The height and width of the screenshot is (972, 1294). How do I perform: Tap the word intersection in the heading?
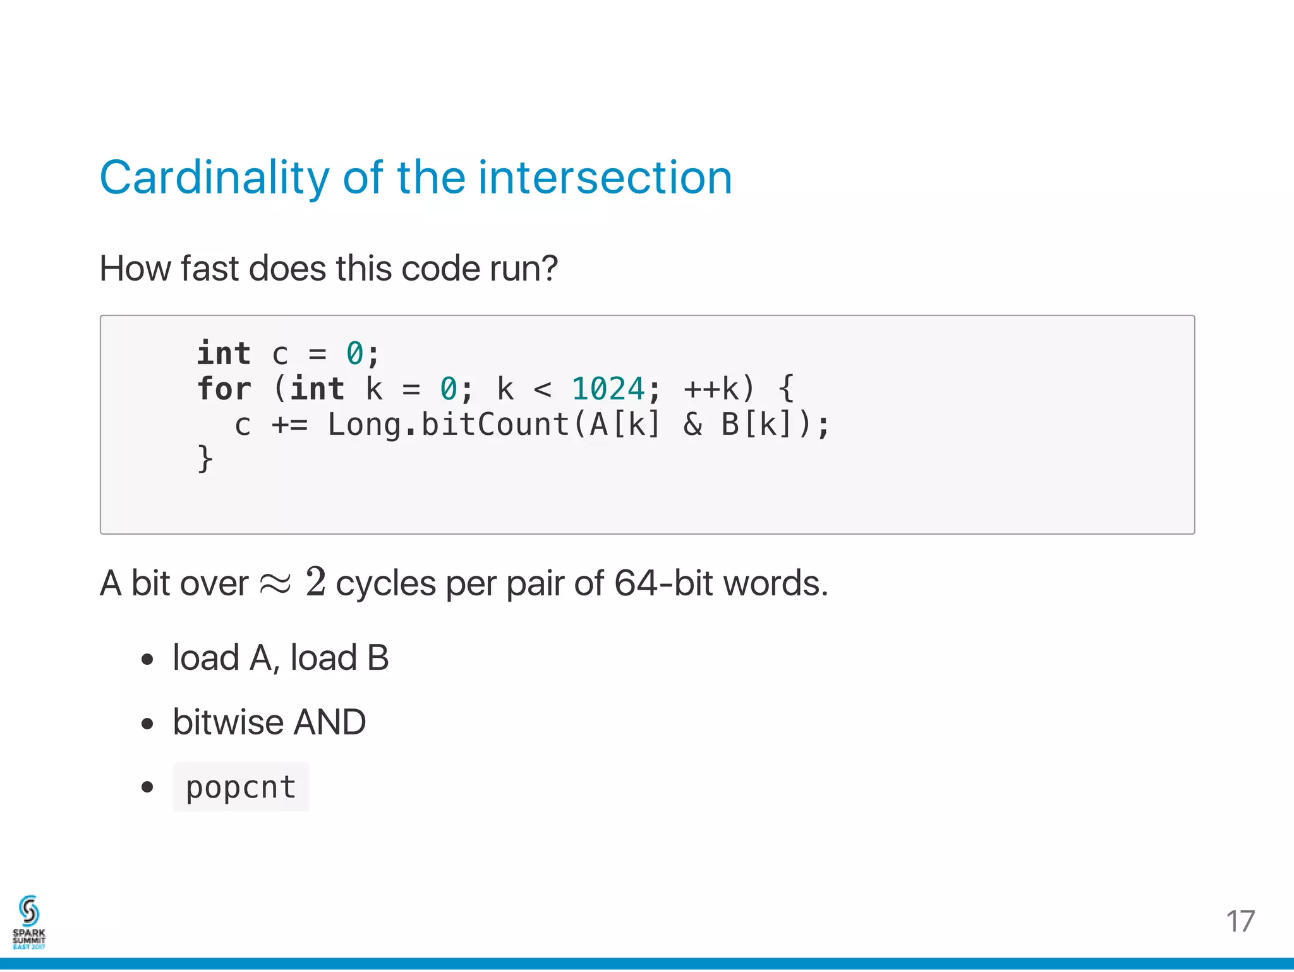click(x=605, y=178)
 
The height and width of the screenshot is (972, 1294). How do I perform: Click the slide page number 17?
click(x=1240, y=921)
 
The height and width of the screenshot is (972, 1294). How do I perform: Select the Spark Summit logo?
click(x=29, y=922)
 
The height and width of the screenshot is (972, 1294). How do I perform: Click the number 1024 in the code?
click(x=608, y=389)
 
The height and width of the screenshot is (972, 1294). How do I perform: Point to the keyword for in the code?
click(x=224, y=389)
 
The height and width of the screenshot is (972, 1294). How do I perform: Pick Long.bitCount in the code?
click(x=448, y=424)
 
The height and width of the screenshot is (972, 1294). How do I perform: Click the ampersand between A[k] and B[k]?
click(x=692, y=424)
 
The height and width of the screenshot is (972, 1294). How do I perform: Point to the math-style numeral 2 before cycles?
click(x=315, y=582)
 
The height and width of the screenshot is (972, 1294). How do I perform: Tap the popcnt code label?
click(x=241, y=787)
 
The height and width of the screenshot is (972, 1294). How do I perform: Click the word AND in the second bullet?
click(x=330, y=722)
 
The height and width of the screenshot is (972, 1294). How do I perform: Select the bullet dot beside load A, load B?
click(x=148, y=660)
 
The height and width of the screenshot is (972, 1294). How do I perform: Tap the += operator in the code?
click(x=289, y=424)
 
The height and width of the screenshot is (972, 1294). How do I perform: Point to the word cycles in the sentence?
click(x=385, y=583)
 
